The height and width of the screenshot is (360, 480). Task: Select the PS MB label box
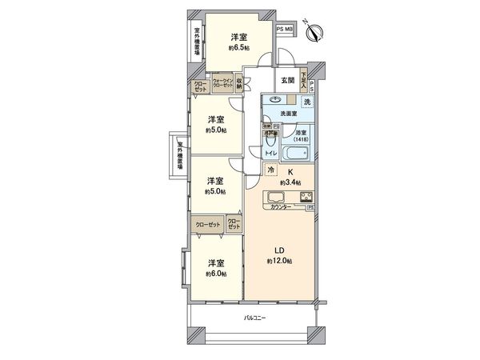(285, 29)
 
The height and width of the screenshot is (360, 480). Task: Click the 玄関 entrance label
(288, 81)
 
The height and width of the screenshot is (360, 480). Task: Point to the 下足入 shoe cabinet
(305, 83)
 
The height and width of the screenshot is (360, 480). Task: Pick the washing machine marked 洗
(306, 102)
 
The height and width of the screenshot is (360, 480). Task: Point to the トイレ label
(272, 152)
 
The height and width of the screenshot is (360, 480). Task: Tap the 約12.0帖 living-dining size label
(279, 262)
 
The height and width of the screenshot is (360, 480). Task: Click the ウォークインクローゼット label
(222, 82)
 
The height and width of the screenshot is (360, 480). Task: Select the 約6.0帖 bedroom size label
(215, 274)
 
